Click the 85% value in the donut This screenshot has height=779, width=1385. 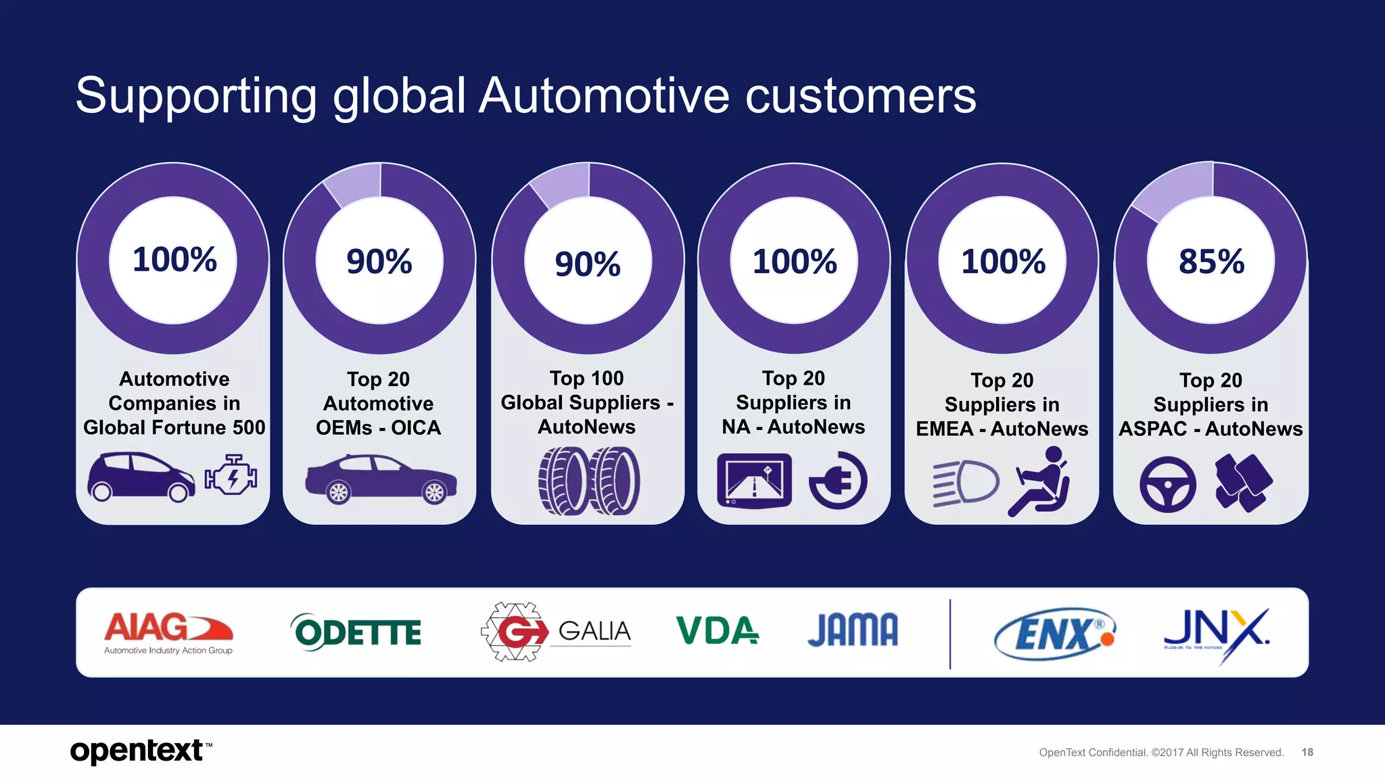tap(1211, 262)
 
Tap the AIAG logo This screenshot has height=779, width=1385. tap(168, 632)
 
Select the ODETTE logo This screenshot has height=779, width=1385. tap(356, 632)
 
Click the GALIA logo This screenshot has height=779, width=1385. tap(556, 632)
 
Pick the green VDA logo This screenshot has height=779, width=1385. tap(717, 630)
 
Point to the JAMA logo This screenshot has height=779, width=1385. tap(853, 630)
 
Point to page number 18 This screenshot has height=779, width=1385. tap(1307, 752)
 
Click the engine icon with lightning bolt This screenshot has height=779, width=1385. tap(231, 475)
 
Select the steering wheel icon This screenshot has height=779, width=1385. tap(1167, 484)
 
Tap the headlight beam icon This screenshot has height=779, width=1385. tap(966, 483)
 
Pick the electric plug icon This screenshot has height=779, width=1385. tap(838, 481)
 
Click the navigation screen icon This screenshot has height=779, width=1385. tap(754, 481)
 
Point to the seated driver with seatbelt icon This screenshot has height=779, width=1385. tap(1039, 481)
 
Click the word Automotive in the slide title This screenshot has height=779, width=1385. tap(605, 96)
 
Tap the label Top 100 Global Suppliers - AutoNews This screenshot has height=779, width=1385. tap(586, 402)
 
